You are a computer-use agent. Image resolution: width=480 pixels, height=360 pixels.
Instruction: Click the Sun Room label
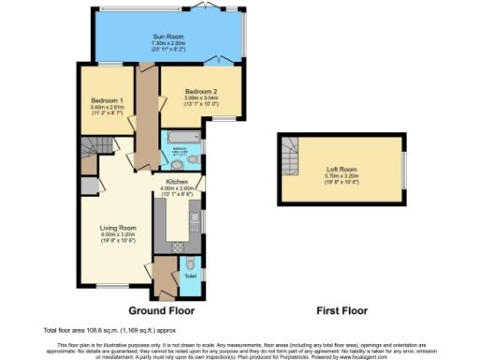tap(165, 37)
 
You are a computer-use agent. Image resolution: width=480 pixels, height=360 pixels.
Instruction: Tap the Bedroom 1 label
tap(107, 99)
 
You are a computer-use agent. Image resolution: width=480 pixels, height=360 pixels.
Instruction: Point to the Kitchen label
tap(178, 181)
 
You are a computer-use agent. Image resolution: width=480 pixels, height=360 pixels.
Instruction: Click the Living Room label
tap(119, 227)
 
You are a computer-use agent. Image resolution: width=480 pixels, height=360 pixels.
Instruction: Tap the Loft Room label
tap(341, 169)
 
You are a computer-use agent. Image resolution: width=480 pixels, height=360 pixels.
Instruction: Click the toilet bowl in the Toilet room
tap(189, 262)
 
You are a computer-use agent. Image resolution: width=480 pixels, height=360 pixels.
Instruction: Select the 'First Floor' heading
tap(341, 310)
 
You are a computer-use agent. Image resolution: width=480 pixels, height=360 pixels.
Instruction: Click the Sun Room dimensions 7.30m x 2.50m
tap(165, 43)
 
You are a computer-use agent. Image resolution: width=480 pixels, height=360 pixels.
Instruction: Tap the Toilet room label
tap(190, 276)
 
